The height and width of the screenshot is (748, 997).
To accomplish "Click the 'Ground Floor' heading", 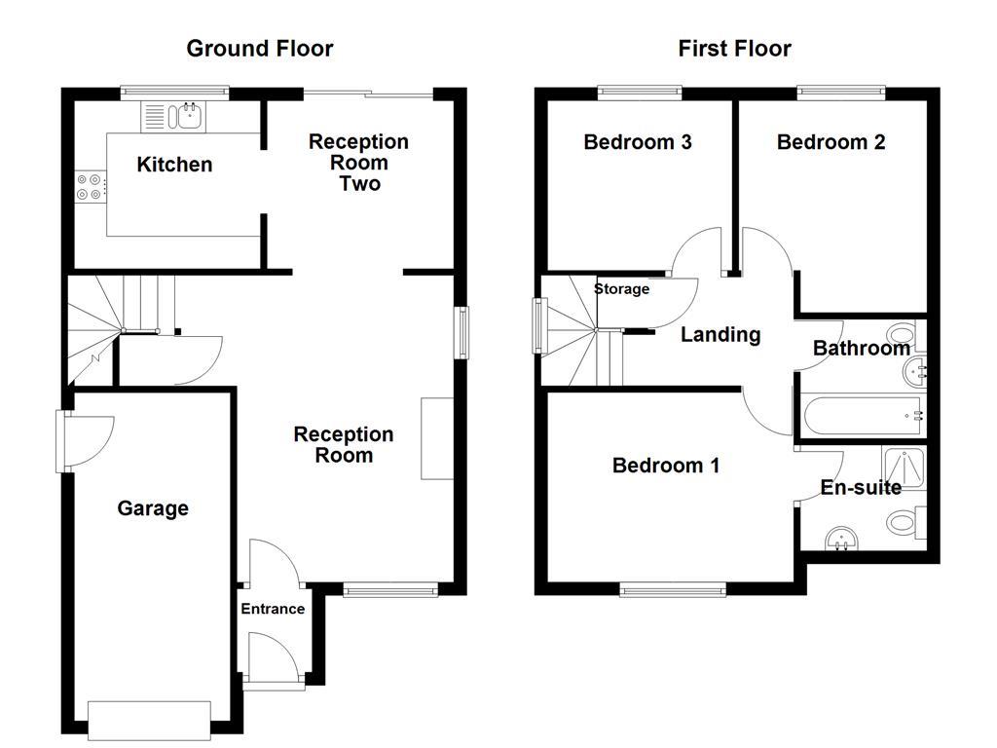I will pyautogui.click(x=259, y=49).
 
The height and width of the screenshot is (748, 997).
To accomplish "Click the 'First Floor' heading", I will pyautogui.click(x=734, y=49).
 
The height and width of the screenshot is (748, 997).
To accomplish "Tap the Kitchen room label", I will pyautogui.click(x=174, y=165).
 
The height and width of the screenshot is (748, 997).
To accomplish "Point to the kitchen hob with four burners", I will pyautogui.click(x=90, y=186).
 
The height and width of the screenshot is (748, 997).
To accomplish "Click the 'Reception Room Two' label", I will pyautogui.click(x=358, y=163).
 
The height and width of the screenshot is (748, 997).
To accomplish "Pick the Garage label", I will pyautogui.click(x=153, y=508).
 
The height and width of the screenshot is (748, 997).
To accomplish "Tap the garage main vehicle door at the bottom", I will pyautogui.click(x=148, y=719).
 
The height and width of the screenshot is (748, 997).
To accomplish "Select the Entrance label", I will pyautogui.click(x=273, y=609).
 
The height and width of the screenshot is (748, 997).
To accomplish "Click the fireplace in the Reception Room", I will pyautogui.click(x=436, y=438).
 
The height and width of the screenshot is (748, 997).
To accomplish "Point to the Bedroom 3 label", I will pyautogui.click(x=638, y=142).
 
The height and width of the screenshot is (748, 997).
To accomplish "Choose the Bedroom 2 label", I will pyautogui.click(x=831, y=142).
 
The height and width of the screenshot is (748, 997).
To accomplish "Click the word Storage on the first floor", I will pyautogui.click(x=621, y=289).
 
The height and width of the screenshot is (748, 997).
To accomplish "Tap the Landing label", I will pyautogui.click(x=720, y=335).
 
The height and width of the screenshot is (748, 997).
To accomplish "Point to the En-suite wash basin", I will pyautogui.click(x=837, y=537).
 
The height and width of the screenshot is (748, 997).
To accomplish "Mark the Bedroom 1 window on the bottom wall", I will pyautogui.click(x=673, y=588).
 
